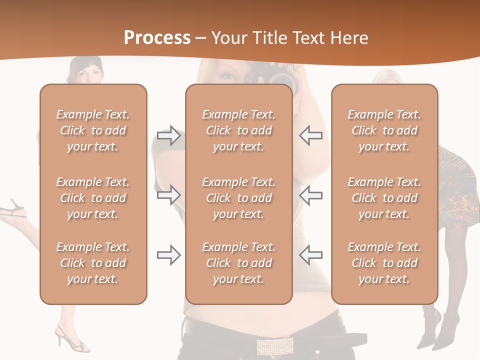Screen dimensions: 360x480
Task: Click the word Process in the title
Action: (x=157, y=37)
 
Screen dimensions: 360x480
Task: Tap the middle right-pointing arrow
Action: (x=168, y=195)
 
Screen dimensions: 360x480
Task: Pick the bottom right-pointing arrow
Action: (x=168, y=255)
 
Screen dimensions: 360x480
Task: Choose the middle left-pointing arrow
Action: (x=310, y=195)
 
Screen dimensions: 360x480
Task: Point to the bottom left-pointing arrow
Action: (x=310, y=255)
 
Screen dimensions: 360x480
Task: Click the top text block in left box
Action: (x=93, y=130)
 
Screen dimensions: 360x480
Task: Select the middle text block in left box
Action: (x=93, y=198)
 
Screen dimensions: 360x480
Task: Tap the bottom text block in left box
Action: (x=93, y=263)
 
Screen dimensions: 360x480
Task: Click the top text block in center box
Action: (x=238, y=130)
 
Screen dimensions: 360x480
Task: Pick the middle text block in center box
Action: (x=238, y=198)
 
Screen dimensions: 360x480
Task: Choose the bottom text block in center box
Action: (x=238, y=263)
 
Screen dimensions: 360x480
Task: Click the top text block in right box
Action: (x=384, y=130)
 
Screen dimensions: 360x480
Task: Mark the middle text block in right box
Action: (x=384, y=198)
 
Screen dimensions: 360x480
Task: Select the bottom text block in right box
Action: (x=384, y=263)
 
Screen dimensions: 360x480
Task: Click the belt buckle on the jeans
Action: (x=275, y=346)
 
